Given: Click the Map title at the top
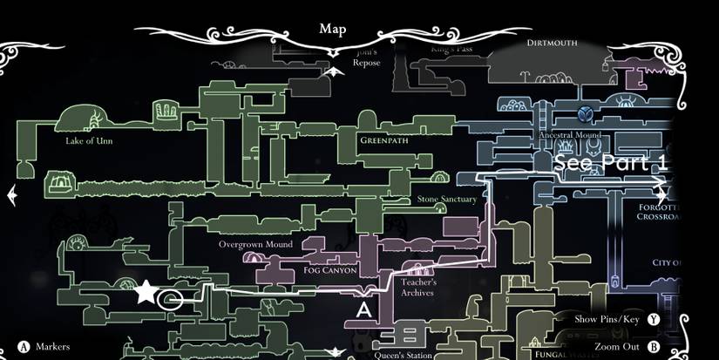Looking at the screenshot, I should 332,29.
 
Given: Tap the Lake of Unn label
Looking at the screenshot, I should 88,140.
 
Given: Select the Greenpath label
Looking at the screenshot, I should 384,139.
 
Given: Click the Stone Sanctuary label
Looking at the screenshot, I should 447,199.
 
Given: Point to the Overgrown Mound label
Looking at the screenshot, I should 255,245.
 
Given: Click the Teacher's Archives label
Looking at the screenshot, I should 418,288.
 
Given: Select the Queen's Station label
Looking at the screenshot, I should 404,355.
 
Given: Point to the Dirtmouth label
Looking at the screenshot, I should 553,42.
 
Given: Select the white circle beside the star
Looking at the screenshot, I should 173,301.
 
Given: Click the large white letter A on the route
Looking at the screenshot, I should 364,308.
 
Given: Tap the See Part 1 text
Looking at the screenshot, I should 611,162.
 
